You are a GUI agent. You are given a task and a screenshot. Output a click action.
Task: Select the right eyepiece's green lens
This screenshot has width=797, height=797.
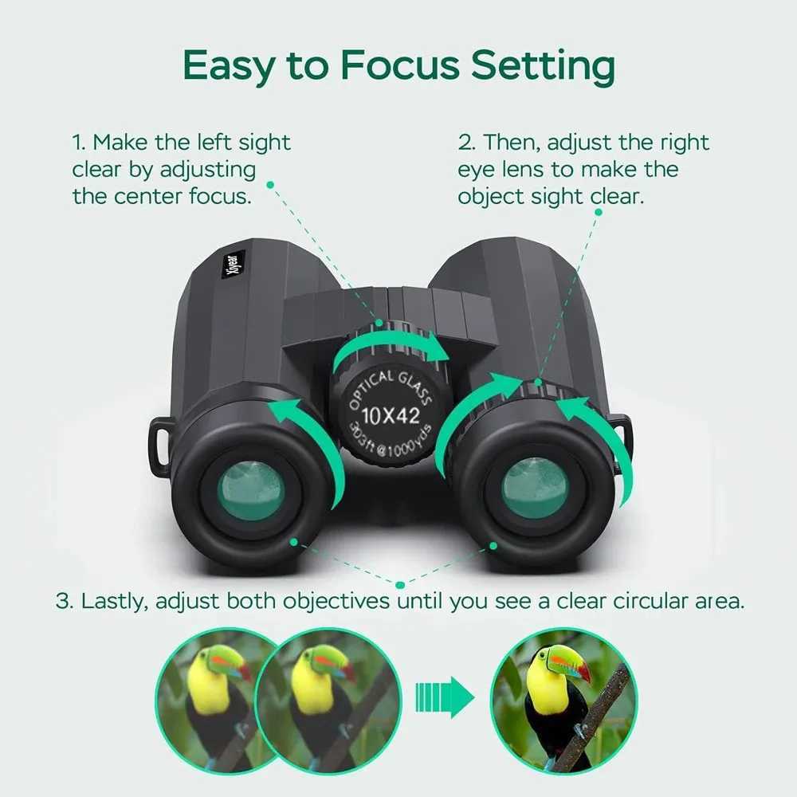(x=535, y=488)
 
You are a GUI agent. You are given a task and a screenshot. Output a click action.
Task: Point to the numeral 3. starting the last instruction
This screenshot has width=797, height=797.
(x=63, y=601)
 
